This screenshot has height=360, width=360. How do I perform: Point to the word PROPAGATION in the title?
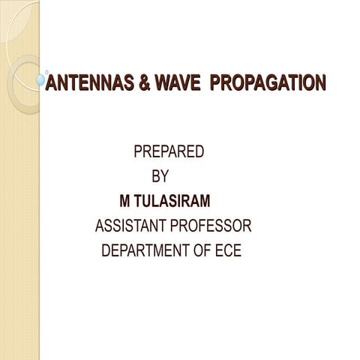pos(268,82)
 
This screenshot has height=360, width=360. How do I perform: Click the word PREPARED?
pos(169,151)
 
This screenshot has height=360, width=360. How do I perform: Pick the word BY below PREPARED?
pos(160,177)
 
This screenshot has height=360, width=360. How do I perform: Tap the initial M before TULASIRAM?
pos(124,201)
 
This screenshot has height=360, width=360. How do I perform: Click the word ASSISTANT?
pos(132,226)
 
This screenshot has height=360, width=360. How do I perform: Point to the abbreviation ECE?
pos(229,250)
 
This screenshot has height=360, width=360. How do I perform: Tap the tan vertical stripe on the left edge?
pos(19,225)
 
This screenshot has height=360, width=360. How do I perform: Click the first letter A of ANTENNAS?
pos(51,82)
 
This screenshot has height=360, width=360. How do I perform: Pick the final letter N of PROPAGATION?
pos(320,82)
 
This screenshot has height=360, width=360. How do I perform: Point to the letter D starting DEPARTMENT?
pos(106,250)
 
